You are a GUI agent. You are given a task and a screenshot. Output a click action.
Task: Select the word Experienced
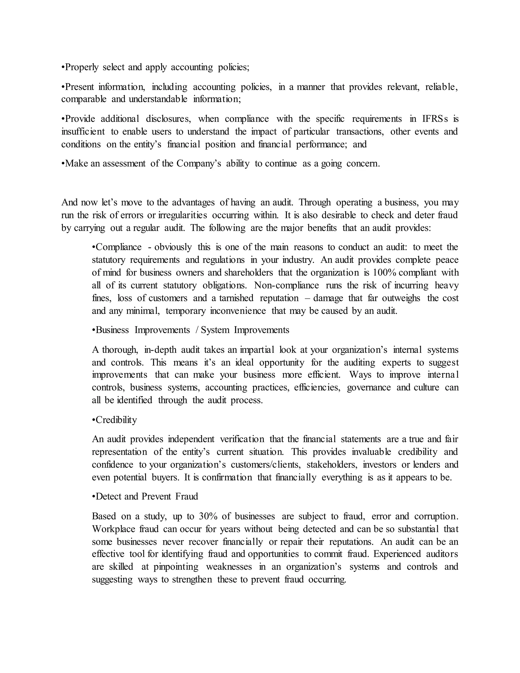[x=396, y=554]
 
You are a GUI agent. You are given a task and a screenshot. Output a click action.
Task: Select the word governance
[x=369, y=387]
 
